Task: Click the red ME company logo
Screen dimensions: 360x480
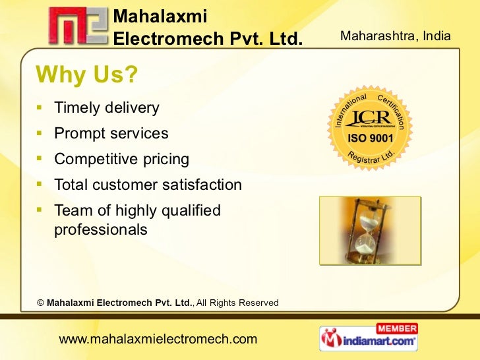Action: [x=76, y=26]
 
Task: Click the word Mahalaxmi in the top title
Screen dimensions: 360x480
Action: [x=161, y=16]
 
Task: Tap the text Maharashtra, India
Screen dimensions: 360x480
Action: [x=396, y=36]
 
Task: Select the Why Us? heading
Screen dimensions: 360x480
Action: [x=86, y=76]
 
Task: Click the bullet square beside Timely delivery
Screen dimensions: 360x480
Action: [x=40, y=106]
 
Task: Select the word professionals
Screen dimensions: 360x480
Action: [x=101, y=230]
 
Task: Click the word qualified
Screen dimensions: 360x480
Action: [x=193, y=211]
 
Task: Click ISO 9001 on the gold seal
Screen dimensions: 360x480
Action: [x=371, y=139]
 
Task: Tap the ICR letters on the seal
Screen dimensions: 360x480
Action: [x=371, y=119]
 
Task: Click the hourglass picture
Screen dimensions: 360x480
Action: [x=370, y=230]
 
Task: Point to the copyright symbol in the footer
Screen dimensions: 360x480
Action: [x=40, y=303]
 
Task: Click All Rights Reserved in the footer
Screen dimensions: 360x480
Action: [x=237, y=303]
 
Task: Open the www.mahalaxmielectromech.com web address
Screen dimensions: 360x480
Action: [x=158, y=340]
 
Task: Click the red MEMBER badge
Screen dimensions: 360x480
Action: [x=396, y=328]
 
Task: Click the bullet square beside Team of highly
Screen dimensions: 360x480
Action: [x=40, y=210]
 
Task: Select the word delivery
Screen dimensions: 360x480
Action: [x=134, y=107]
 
